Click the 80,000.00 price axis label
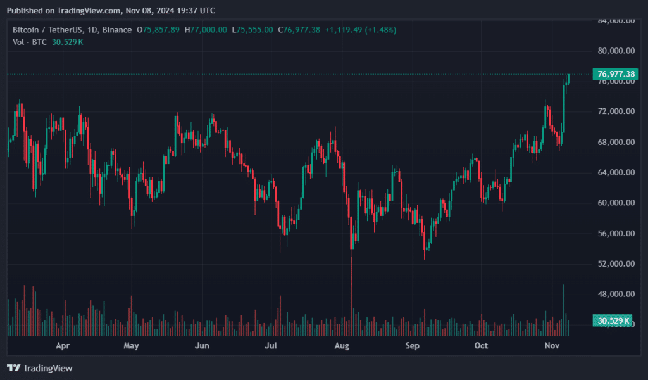(616, 51)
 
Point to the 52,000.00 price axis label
(616, 263)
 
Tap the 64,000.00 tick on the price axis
(616, 172)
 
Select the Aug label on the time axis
(342, 346)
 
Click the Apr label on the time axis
(62, 346)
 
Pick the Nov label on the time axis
(552, 346)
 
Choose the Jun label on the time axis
(202, 346)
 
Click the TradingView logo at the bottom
(39, 367)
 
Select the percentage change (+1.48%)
(378, 30)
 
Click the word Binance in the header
(117, 30)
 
